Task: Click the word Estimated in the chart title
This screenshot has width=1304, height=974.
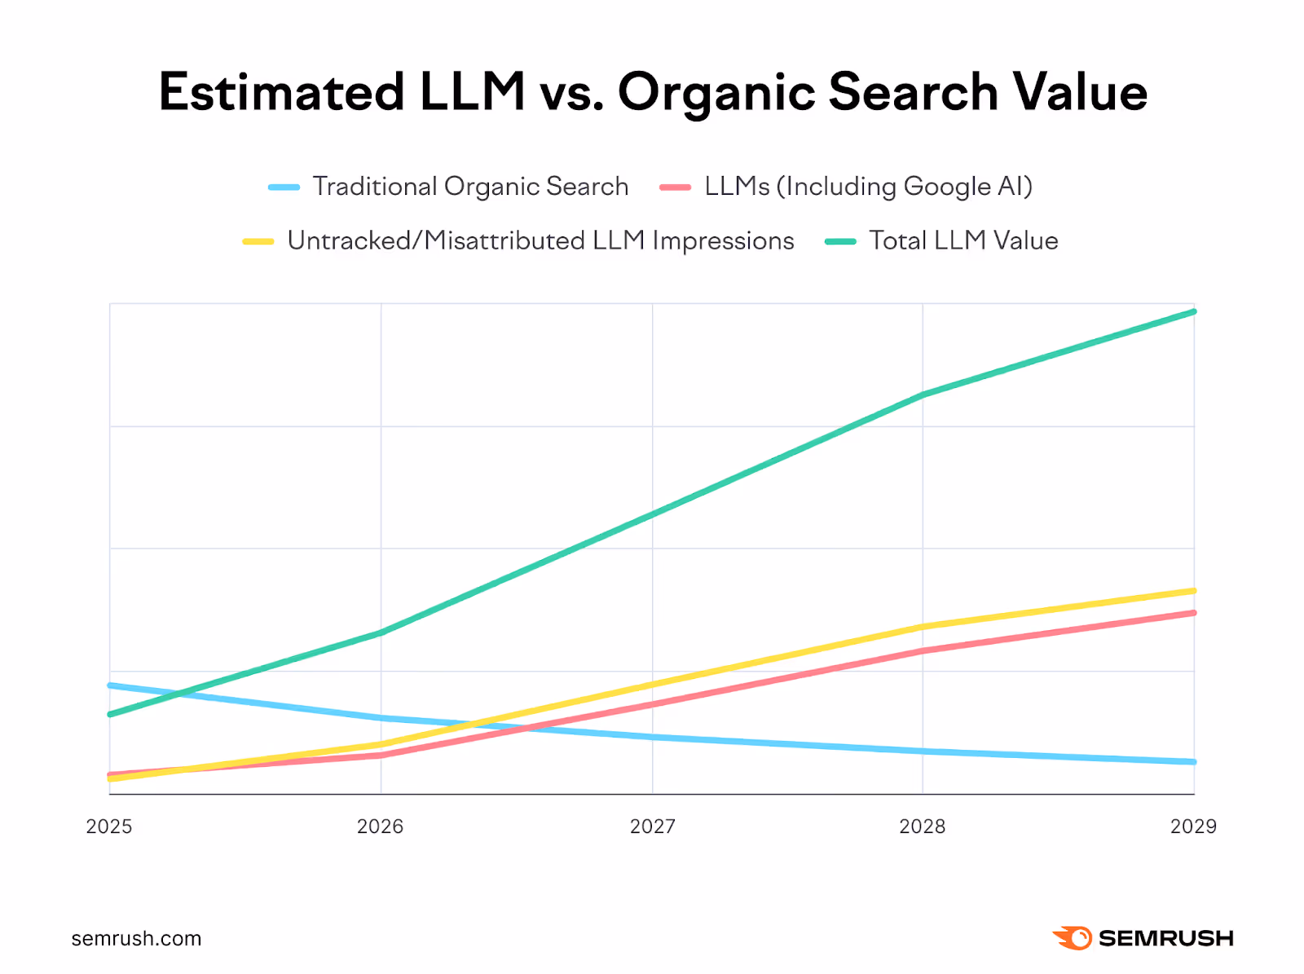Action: pyautogui.click(x=281, y=91)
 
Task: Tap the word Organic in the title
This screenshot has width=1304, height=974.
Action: pyautogui.click(x=716, y=93)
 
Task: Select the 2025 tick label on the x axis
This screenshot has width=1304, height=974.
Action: pyautogui.click(x=109, y=826)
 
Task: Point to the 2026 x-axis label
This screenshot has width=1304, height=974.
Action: pyautogui.click(x=381, y=826)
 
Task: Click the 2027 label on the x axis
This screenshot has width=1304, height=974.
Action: pyautogui.click(x=652, y=826)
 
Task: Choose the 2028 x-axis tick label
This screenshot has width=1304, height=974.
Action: pyautogui.click(x=923, y=826)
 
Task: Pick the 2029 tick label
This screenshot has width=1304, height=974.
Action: pyautogui.click(x=1193, y=826)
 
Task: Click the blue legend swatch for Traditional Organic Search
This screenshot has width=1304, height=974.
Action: pyautogui.click(x=284, y=187)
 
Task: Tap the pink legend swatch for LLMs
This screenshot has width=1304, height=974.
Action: pyautogui.click(x=676, y=187)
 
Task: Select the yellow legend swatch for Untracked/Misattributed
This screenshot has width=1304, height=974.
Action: pyautogui.click(x=258, y=241)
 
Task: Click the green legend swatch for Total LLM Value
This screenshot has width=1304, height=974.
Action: pyautogui.click(x=840, y=241)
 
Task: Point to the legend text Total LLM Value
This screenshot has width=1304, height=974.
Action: pyautogui.click(x=963, y=241)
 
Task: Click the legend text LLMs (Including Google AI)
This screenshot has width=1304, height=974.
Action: pyautogui.click(x=869, y=187)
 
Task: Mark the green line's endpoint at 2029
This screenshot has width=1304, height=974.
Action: pyautogui.click(x=1194, y=311)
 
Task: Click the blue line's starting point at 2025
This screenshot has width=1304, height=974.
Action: pyautogui.click(x=110, y=685)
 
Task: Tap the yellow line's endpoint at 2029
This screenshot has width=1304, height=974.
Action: pyautogui.click(x=1194, y=591)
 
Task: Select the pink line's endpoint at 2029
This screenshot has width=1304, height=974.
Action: pyautogui.click(x=1194, y=613)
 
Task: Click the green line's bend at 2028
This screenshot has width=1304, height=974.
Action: pyautogui.click(x=923, y=395)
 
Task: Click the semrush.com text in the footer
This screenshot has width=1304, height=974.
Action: pyautogui.click(x=136, y=939)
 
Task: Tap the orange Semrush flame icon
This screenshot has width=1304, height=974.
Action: pyautogui.click(x=1073, y=938)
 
